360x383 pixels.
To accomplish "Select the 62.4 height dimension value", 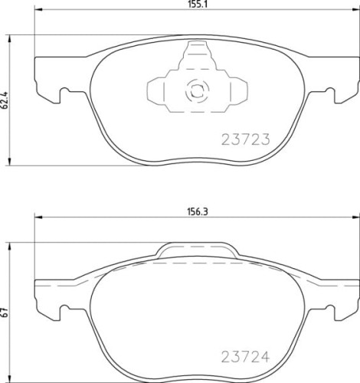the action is click(x=5, y=100).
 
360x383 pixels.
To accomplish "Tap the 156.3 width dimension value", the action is click(x=198, y=212).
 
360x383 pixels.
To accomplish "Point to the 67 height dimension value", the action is click(x=5, y=313).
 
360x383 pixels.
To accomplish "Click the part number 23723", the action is click(x=245, y=139).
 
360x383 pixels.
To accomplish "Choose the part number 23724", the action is click(x=245, y=357).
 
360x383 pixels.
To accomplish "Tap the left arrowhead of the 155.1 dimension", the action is click(x=38, y=10).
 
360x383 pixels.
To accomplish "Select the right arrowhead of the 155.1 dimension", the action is click(x=356, y=10).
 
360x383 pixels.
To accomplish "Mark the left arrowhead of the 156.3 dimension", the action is click(x=38, y=217).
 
